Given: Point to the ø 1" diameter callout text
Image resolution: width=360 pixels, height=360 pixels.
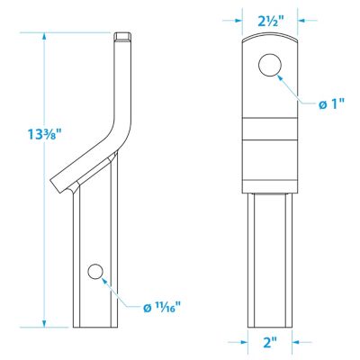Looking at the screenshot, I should (x=334, y=105).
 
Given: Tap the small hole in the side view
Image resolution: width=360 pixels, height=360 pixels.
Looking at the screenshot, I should (x=95, y=272).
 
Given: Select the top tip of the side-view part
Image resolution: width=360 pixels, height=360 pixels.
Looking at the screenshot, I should (x=123, y=36).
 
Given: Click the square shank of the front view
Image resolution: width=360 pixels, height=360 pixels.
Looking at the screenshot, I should (x=270, y=261).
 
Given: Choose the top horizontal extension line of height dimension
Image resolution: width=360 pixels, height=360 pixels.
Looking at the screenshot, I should (x=76, y=33).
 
